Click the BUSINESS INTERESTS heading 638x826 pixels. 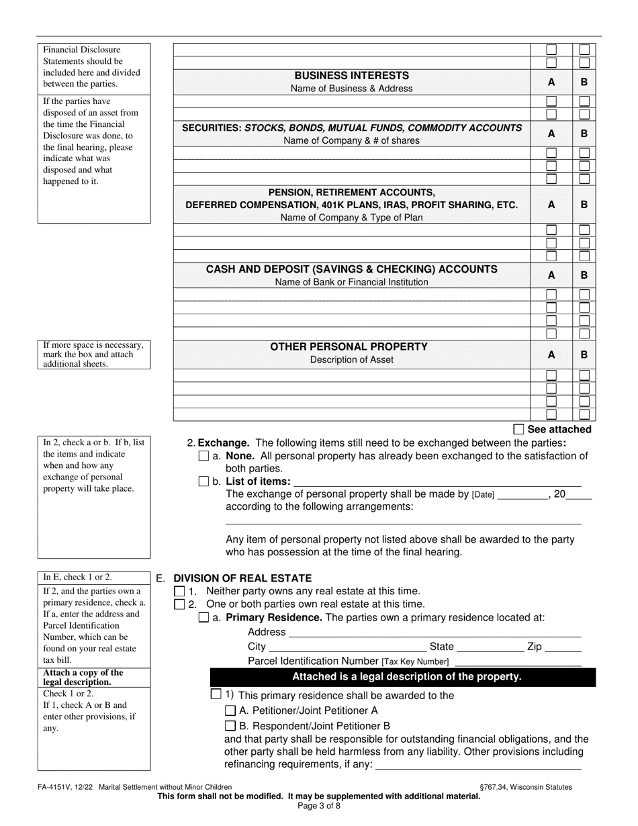351,76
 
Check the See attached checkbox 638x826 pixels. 518,429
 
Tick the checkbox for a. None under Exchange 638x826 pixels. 204,456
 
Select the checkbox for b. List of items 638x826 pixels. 204,481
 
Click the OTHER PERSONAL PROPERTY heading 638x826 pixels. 349,347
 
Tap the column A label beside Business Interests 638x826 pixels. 551,82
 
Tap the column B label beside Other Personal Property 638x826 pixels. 584,354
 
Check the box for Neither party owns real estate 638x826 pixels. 179,592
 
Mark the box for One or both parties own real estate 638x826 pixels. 179,604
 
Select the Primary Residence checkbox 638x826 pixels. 204,618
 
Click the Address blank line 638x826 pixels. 434,633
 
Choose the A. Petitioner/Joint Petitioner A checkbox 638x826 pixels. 230,710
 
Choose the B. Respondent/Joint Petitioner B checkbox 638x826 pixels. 230,726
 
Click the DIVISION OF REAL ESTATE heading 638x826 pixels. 242,578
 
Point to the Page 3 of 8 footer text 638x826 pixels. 319,806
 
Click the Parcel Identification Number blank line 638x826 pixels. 518,662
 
